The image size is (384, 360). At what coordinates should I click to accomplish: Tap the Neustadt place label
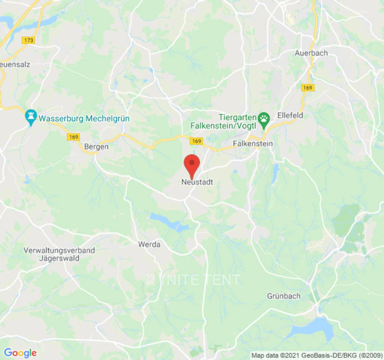tap(197, 182)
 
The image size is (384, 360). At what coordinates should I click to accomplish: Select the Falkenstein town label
tap(253, 144)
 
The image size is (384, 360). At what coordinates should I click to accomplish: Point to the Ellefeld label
tap(290, 115)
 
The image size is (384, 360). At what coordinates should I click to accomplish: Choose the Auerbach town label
tap(311, 53)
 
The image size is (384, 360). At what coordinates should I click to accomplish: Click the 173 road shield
tap(28, 40)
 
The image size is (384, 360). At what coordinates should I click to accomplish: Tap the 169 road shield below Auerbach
tap(308, 88)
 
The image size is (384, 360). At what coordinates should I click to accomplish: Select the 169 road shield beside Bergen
tap(73, 137)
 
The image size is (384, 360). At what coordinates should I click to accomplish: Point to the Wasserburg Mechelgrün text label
tap(84, 119)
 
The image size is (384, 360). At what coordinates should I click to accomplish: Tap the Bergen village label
tap(96, 147)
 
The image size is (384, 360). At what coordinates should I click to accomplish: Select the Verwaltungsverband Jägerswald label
tap(59, 254)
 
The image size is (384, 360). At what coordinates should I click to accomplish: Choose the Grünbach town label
tap(284, 296)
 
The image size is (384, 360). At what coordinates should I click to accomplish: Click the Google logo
tap(20, 353)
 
